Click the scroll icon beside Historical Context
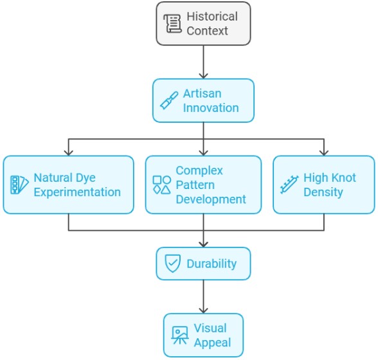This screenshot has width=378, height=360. pyautogui.click(x=172, y=23)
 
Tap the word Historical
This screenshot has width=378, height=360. pyautogui.click(x=212, y=17)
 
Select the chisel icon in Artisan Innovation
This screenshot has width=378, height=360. pyautogui.click(x=169, y=100)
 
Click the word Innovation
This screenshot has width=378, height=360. pyautogui.click(x=211, y=108)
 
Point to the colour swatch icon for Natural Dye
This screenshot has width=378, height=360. pyautogui.click(x=19, y=185)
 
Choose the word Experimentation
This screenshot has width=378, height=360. pyautogui.click(x=77, y=192)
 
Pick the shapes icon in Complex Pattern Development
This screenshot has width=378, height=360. pyautogui.click(x=162, y=185)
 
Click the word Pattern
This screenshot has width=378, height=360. pyautogui.click(x=195, y=185)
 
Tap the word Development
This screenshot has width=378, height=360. pyautogui.click(x=211, y=199)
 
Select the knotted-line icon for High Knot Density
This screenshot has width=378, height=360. pyautogui.click(x=289, y=184)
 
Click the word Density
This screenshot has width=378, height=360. pyautogui.click(x=323, y=192)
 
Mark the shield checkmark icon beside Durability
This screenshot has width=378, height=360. pyautogui.click(x=172, y=264)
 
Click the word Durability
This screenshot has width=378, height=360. pyautogui.click(x=212, y=264)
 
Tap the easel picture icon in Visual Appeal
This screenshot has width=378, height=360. pyautogui.click(x=180, y=335)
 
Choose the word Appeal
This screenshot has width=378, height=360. pyautogui.click(x=212, y=343)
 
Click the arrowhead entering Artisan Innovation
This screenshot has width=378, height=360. pyautogui.click(x=203, y=76)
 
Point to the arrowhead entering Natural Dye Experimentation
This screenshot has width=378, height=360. pyautogui.click(x=69, y=153)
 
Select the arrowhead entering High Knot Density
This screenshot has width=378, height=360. pyautogui.click(x=324, y=153)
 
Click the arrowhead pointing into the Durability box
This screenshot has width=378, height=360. pyautogui.click(x=203, y=244)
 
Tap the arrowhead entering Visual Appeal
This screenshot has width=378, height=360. pyautogui.click(x=203, y=310)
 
